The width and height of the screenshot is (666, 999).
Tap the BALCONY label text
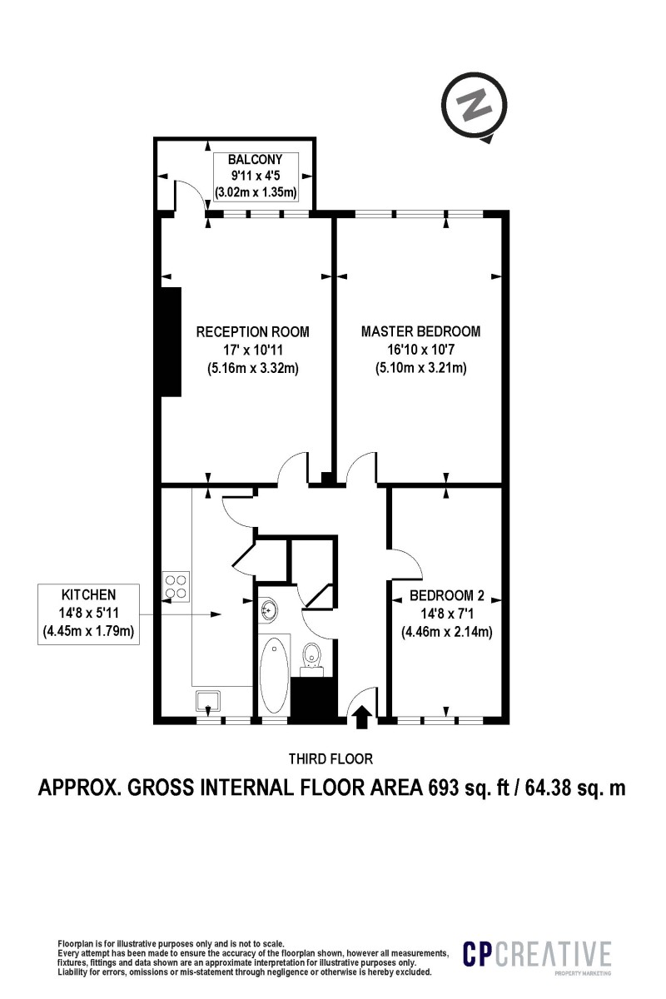(x=256, y=159)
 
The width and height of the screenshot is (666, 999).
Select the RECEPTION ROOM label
(x=252, y=332)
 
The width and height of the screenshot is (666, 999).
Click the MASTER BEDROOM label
(x=420, y=331)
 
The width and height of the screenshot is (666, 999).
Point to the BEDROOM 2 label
(x=446, y=597)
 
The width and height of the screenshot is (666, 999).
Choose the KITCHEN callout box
(x=88, y=614)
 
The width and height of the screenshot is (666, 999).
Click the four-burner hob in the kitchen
(x=176, y=586)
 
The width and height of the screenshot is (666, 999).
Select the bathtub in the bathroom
(x=273, y=674)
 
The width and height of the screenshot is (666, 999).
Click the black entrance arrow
(x=362, y=717)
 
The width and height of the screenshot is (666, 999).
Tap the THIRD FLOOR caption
(x=331, y=758)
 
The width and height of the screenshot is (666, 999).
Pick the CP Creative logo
(x=537, y=956)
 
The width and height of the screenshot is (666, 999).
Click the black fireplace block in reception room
(x=171, y=341)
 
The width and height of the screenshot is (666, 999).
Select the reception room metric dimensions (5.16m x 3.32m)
(x=252, y=368)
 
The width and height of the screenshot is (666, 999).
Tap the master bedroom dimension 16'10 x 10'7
(x=420, y=350)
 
